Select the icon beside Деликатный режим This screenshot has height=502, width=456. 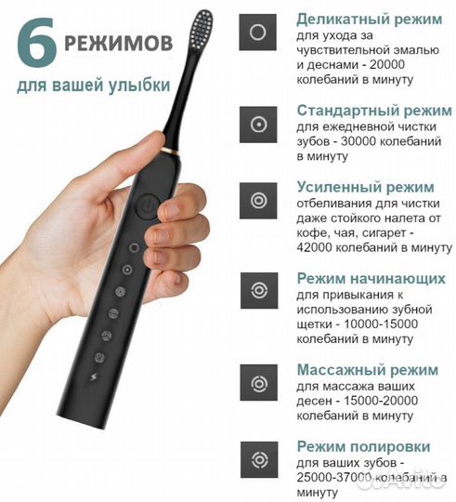click(256, 33)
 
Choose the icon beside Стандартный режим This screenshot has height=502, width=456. click(256, 123)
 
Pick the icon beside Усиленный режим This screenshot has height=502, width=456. click(256, 199)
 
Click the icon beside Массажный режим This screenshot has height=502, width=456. click(256, 380)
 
